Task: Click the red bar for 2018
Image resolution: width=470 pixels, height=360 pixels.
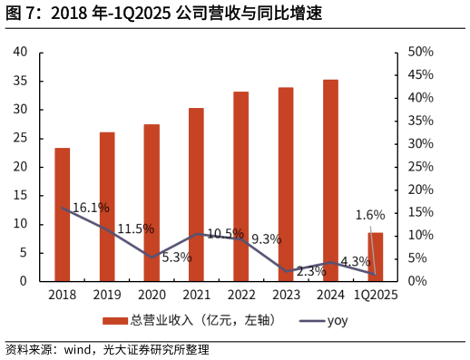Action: point(62,214)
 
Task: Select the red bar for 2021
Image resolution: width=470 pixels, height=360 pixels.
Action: point(196,194)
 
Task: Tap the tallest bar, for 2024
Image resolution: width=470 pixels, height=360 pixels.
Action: point(330,180)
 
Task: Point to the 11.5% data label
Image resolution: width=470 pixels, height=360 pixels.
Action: point(135,229)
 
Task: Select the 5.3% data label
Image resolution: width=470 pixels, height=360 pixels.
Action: point(176,258)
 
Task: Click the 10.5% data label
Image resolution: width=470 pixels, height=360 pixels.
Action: point(225,234)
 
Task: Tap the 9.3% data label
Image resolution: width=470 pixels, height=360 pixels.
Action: point(266,239)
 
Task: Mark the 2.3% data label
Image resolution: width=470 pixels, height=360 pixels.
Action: point(311,270)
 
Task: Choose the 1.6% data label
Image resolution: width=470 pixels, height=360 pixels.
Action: point(370,215)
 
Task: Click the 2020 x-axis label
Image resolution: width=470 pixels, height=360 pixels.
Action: point(152,295)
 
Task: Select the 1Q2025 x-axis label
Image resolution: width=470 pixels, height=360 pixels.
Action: point(376,295)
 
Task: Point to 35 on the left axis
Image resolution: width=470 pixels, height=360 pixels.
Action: point(21,81)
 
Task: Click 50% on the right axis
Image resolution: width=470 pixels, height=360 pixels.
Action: point(418,52)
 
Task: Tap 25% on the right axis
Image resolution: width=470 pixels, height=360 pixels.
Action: point(418,167)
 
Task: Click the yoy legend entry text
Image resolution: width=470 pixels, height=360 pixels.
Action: point(337,320)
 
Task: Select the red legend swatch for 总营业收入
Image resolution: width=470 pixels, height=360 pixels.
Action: point(114,320)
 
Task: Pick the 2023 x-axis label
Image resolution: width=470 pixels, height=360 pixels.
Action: point(286,295)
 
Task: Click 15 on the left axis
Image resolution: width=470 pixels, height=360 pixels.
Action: point(21,195)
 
